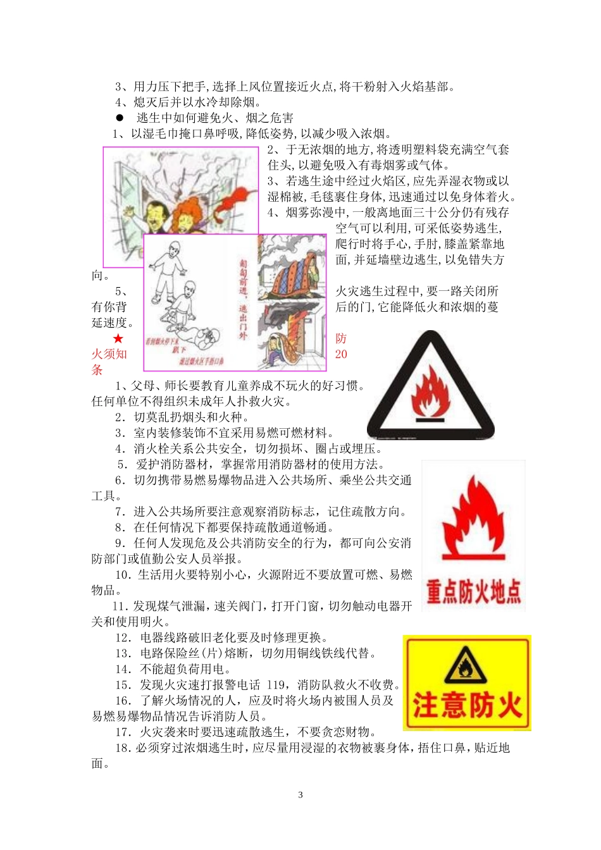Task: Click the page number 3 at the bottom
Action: pos(300,795)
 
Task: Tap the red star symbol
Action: pos(118,339)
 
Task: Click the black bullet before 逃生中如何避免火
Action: pos(119,118)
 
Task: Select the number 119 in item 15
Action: pos(276,685)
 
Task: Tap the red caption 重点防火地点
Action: pos(473,593)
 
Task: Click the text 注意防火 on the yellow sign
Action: pos(467,706)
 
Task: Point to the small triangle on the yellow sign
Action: pos(466,665)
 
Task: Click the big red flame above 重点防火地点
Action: pos(473,519)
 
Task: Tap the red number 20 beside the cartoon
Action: pos(341,354)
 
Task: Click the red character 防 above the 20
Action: pos(341,339)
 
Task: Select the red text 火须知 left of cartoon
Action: pos(109,354)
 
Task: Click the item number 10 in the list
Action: pos(122,575)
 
